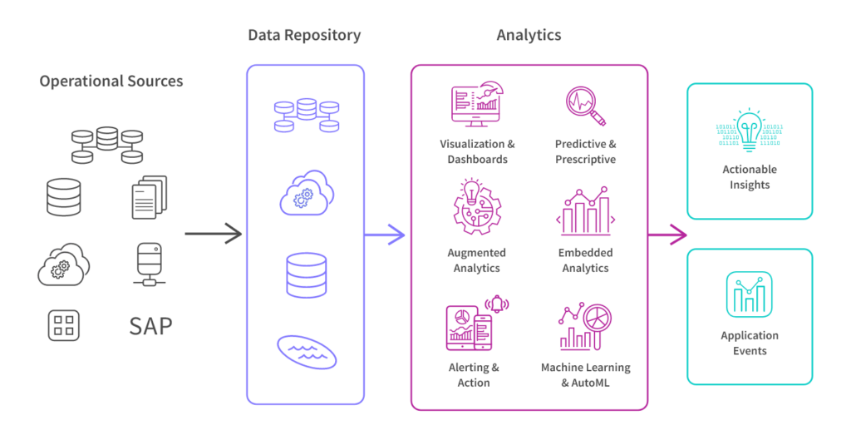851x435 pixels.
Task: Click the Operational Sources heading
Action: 111,82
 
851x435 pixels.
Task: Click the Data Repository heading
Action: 304,36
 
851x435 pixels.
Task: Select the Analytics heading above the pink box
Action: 529,36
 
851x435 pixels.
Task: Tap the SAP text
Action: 151,325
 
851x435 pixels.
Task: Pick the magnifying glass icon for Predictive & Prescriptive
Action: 585,106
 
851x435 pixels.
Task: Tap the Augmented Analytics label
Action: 476,260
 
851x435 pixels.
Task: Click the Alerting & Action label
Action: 473,374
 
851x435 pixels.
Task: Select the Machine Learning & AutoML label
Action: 585,374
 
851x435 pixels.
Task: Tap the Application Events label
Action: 750,343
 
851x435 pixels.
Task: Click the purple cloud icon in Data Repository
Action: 305,193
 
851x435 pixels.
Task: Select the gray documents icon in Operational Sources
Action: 150,196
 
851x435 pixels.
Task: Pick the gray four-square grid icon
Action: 63,324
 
